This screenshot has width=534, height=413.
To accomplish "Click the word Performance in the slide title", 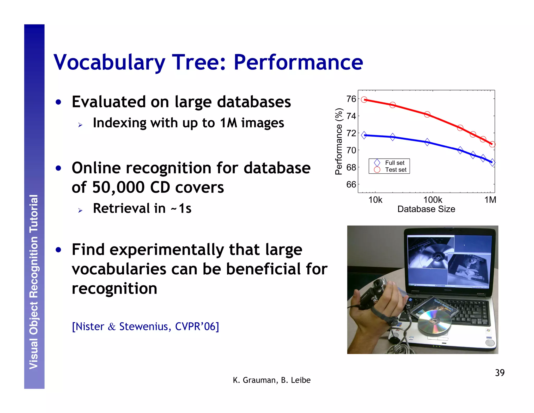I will (298, 62).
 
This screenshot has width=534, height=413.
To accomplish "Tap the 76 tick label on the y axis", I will (351, 99).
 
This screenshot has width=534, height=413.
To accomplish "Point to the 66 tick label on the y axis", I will (351, 185).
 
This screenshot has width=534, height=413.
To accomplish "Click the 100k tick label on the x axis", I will (433, 200).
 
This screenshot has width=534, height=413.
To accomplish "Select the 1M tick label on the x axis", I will (490, 200).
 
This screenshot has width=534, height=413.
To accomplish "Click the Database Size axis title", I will (426, 209).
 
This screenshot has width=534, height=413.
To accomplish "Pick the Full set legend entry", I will (395, 163).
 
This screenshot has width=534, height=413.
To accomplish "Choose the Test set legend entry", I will (396, 170).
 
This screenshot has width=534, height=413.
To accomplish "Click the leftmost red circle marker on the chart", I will (364, 99).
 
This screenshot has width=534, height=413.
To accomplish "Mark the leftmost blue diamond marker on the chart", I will (364, 135).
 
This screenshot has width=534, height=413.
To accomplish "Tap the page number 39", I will (500, 373).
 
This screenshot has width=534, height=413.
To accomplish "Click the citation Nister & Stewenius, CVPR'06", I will (145, 327).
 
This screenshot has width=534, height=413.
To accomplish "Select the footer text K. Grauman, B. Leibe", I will (271, 380).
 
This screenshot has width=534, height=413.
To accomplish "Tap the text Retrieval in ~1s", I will (142, 208).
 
